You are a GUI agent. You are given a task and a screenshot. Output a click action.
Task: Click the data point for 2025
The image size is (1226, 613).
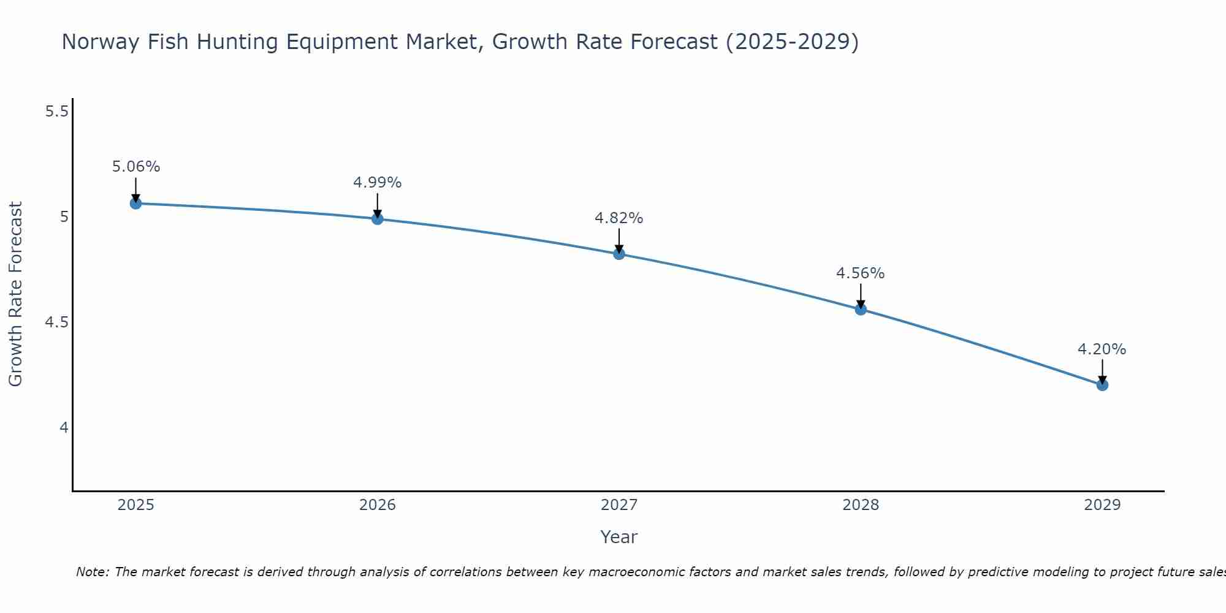pyautogui.click(x=135, y=204)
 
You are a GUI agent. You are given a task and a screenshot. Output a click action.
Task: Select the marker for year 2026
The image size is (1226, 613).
pyautogui.click(x=378, y=219)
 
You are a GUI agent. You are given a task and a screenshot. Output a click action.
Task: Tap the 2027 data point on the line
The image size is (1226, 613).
pyautogui.click(x=619, y=254)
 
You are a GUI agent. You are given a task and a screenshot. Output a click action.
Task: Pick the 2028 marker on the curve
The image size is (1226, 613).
pyautogui.click(x=861, y=310)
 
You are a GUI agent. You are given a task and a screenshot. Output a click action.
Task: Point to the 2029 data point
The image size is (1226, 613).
pyautogui.click(x=1102, y=385)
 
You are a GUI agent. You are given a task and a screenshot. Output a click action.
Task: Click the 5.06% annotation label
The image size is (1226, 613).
pyautogui.click(x=136, y=167)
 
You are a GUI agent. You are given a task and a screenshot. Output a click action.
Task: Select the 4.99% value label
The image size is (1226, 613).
pyautogui.click(x=378, y=183)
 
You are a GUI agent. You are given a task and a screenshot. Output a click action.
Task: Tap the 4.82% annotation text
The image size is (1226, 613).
pyautogui.click(x=619, y=218)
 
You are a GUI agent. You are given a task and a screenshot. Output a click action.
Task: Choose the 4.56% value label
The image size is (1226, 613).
pyautogui.click(x=861, y=273)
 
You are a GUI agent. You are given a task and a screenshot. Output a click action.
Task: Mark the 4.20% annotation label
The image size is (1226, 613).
pyautogui.click(x=1102, y=349)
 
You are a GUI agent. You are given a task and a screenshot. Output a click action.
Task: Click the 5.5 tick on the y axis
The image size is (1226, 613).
pyautogui.click(x=57, y=112)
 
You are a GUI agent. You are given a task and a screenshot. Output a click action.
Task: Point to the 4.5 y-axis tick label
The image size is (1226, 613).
pyautogui.click(x=57, y=322)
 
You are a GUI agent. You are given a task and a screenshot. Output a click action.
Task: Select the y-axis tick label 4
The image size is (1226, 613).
pyautogui.click(x=64, y=428)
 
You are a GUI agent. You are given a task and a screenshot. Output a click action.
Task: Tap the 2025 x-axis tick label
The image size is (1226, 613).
pyautogui.click(x=135, y=505)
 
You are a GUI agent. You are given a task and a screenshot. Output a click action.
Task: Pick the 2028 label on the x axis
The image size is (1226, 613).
pyautogui.click(x=861, y=505)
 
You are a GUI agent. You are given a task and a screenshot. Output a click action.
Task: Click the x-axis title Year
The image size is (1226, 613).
pyautogui.click(x=619, y=537)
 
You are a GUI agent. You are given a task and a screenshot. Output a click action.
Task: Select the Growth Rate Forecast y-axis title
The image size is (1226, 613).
pyautogui.click(x=16, y=294)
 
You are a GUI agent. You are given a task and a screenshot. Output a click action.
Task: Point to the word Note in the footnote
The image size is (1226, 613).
pyautogui.click(x=91, y=572)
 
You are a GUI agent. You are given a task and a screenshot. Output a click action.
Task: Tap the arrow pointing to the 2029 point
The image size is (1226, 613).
pyautogui.click(x=1102, y=371)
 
